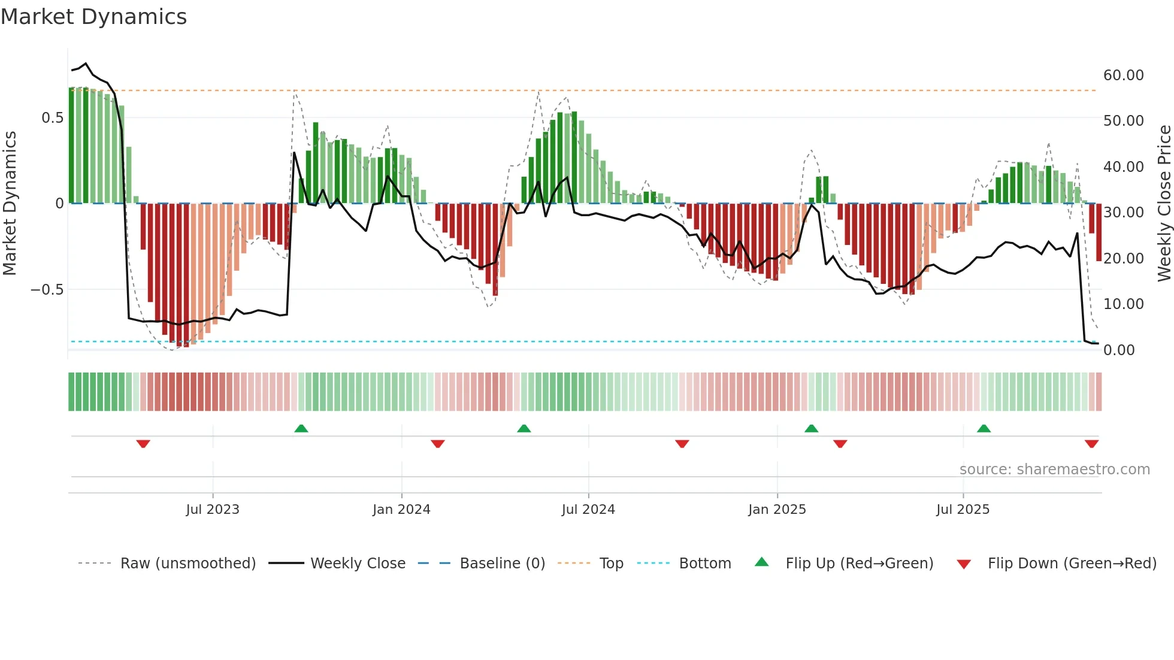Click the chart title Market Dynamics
[x=93, y=17]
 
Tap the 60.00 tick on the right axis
[x=1123, y=75]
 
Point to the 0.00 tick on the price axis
[x=1118, y=350]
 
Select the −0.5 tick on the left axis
[x=47, y=290]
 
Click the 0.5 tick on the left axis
[x=52, y=118]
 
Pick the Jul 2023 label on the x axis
[x=212, y=510]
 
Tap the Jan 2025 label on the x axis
[x=777, y=510]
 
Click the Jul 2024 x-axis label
[x=588, y=510]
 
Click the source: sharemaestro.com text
[x=1054, y=470]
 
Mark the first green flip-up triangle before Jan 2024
[x=301, y=429]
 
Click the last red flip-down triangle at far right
[x=1091, y=444]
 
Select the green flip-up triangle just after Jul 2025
[x=984, y=429]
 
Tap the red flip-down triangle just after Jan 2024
[x=438, y=444]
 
